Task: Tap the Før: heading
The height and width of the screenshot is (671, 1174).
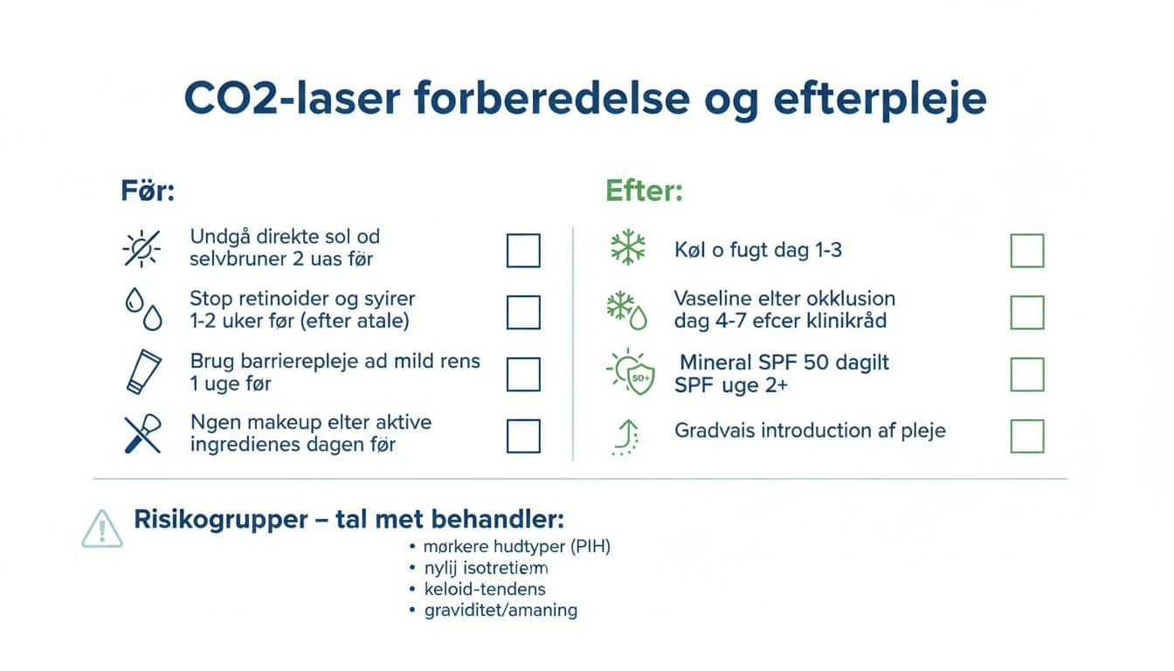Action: point(148,191)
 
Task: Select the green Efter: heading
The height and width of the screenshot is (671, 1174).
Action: point(644,191)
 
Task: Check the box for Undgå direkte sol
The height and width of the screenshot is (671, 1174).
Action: point(523,251)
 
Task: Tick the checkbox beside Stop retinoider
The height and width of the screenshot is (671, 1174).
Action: point(523,312)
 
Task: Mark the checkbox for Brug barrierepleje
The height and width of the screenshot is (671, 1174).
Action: point(523,374)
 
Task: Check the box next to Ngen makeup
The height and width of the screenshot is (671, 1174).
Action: point(523,436)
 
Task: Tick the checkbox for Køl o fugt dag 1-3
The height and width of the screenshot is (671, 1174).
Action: point(1027,251)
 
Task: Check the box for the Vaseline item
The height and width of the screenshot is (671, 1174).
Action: point(1027,312)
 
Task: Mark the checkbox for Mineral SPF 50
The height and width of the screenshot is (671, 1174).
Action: point(1027,374)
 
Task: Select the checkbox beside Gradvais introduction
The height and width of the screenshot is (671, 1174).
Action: point(1027,436)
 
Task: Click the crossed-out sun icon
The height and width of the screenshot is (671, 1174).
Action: point(141,250)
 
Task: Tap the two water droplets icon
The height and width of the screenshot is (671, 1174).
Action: point(141,310)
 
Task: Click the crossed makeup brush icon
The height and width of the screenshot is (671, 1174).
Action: point(142,434)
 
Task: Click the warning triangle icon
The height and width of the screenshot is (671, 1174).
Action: point(102,529)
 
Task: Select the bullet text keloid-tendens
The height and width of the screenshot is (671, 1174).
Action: point(485,589)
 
